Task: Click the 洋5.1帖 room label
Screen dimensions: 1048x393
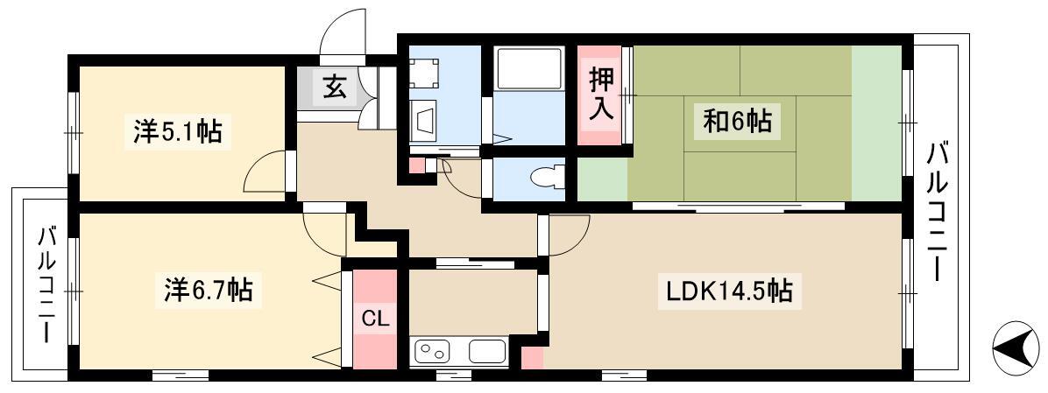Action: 177,130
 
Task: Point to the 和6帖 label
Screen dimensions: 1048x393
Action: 737,122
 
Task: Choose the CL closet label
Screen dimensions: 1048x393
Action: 375,319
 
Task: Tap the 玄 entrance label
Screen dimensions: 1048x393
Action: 334,88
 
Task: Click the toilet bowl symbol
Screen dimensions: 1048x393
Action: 546,179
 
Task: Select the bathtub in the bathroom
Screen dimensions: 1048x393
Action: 528,68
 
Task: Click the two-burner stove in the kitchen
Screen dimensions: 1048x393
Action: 433,351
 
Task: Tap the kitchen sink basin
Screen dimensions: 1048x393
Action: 487,351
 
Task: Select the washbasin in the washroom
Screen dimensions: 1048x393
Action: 424,123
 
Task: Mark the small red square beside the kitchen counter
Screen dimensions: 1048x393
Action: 532,358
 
